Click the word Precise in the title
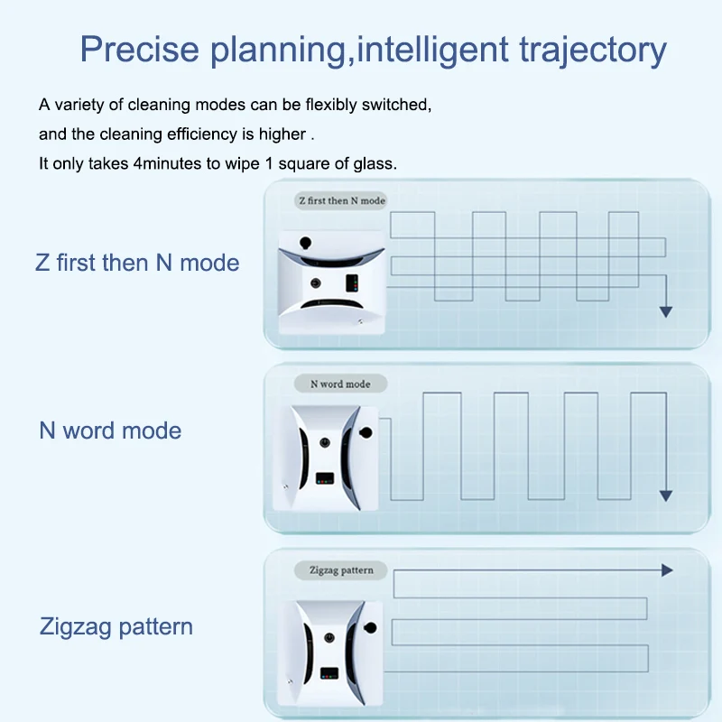(x=141, y=49)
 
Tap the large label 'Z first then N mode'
(x=137, y=263)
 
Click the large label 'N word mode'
(x=110, y=430)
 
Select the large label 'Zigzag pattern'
(x=116, y=626)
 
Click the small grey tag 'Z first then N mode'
(x=341, y=200)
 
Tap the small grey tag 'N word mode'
(x=340, y=384)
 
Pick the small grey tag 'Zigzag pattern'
(x=340, y=570)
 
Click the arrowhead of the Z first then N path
(x=666, y=311)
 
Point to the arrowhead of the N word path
(x=666, y=495)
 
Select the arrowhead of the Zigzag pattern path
(x=668, y=570)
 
